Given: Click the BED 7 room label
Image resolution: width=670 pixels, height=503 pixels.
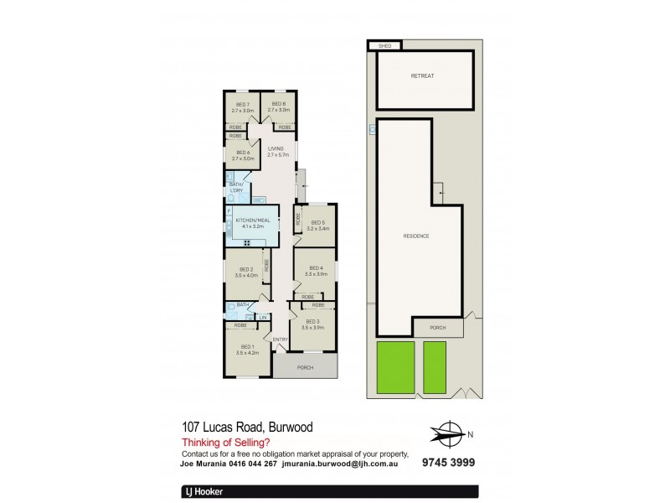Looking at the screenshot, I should click(242, 104).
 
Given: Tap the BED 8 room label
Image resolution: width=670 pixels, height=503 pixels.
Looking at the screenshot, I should click(278, 104).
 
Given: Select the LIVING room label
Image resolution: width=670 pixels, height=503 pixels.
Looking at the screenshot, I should click(276, 148).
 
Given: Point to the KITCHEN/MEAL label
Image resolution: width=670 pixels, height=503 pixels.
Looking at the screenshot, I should click(252, 220).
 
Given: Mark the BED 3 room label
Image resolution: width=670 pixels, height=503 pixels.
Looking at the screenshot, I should click(312, 321).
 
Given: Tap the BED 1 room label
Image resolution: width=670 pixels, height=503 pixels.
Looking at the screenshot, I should click(247, 346).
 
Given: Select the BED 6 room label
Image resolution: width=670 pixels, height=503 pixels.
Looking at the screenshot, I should click(242, 152).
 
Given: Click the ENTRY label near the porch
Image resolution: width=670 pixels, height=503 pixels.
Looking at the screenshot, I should click(280, 339).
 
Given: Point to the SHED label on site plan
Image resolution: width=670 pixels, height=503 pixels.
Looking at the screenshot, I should click(385, 46).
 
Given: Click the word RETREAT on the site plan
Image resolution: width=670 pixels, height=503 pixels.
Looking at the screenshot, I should click(422, 76).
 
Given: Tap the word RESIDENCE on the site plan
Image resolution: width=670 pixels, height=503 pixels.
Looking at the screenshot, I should click(416, 236).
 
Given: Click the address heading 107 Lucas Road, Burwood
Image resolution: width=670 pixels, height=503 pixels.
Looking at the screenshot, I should click(247, 428).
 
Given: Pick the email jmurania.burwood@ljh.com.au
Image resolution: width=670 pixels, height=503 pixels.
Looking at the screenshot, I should click(345, 462).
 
